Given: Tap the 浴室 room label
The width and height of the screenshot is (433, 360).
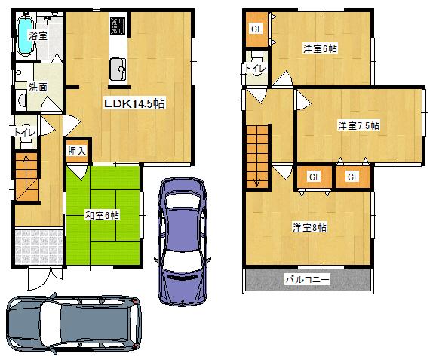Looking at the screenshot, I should point(38,35).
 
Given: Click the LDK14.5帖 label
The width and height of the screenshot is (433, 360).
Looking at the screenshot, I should point(134,104).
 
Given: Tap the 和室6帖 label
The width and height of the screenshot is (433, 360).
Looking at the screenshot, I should point(102,216).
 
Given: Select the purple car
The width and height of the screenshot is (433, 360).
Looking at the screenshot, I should point(180,240).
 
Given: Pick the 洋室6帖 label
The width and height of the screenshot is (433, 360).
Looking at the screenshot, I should point(320,49).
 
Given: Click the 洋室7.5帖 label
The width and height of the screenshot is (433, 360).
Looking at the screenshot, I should point(358,125).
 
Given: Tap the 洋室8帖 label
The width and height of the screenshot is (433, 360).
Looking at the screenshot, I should point(310,226).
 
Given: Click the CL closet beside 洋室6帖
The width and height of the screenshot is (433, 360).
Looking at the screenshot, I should point(256,29).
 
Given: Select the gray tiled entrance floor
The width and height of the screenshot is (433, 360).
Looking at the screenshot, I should point(37,243).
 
